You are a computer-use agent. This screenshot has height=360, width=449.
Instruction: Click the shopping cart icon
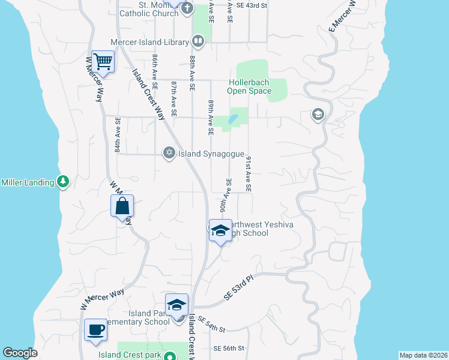coord(103,61)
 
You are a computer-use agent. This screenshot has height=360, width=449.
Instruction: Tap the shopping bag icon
coord(122,206)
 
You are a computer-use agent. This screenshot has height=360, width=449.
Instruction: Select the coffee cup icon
coord(96,329)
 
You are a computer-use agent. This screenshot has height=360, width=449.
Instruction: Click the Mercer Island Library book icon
coord(198,41)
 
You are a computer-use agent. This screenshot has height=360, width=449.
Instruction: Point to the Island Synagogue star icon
coord(169,154)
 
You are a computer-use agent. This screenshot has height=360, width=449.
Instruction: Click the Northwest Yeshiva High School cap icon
coord(220,230)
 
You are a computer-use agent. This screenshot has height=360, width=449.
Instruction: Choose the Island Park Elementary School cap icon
coord(177,305)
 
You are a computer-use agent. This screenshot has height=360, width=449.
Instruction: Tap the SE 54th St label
coord(210,326)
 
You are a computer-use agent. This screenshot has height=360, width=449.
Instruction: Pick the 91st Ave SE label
coord(248,175)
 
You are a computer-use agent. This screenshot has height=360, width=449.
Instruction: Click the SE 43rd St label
coord(252,5)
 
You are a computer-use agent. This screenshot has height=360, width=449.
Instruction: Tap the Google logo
coord(20,353)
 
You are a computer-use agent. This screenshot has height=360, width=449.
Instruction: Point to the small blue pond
coord(233,119)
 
